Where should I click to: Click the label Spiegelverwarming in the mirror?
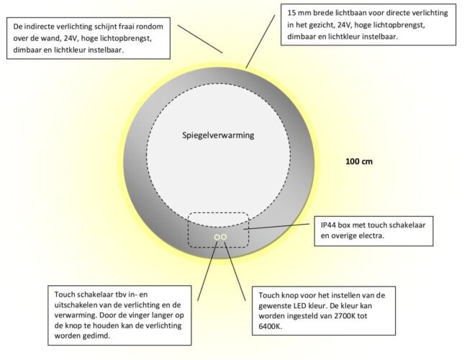coord(217,135)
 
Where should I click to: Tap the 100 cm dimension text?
coord(358,161)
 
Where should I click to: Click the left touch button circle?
coord(216,237)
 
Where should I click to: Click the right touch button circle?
coord(224,237)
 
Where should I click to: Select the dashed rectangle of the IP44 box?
coord(218,213)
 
